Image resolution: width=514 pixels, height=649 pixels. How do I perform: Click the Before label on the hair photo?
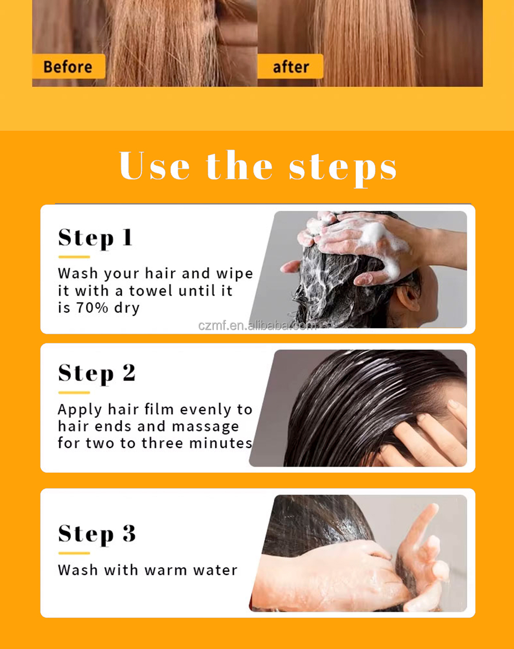point(68,67)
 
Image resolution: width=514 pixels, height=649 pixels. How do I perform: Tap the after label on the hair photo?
point(290,67)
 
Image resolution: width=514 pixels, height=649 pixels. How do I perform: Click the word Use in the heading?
point(154,166)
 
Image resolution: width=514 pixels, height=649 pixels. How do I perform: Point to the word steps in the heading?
point(343,169)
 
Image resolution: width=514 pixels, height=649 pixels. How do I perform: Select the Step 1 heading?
point(95,238)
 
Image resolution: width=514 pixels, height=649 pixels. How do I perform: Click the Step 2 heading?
point(97,374)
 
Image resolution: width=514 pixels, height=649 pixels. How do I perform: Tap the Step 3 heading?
point(97,534)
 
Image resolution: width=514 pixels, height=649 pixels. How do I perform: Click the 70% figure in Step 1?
point(92,308)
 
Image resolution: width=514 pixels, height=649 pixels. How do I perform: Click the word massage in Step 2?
point(205,427)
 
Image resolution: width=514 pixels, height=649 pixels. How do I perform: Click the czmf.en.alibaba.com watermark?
point(257,326)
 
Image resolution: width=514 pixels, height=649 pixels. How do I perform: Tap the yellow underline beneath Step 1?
point(74,257)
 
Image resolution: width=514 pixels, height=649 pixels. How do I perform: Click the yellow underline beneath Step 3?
point(74,553)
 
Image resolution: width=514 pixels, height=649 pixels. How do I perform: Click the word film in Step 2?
point(159,409)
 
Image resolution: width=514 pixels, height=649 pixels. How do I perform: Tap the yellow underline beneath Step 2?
point(74,393)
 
